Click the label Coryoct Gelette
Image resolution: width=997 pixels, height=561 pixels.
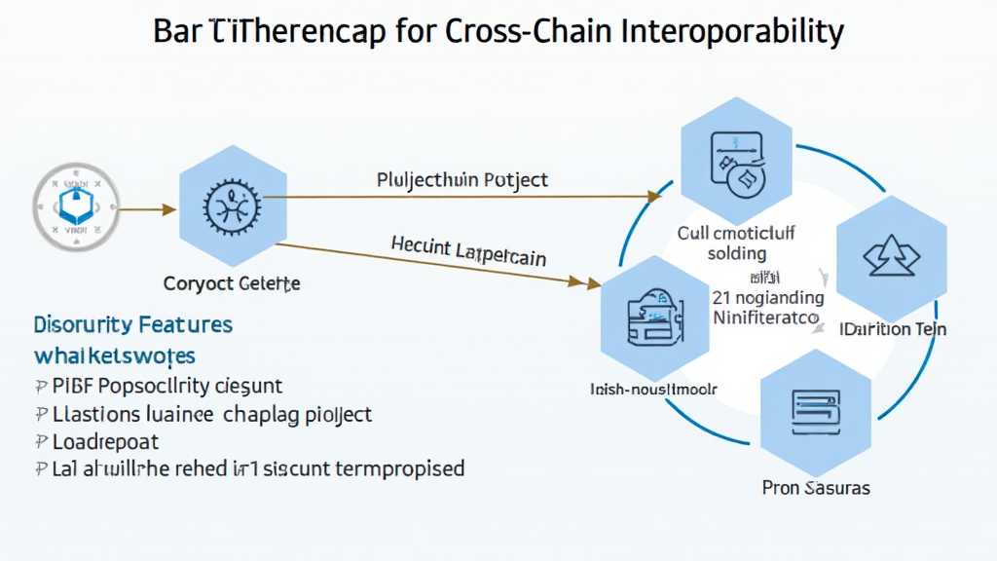232,284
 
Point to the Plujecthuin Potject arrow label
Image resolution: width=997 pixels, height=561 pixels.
462,180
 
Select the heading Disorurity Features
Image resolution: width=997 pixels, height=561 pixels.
132,323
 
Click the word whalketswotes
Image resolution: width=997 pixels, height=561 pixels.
114,354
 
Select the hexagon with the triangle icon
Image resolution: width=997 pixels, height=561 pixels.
891,255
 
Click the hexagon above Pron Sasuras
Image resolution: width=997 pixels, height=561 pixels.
814,409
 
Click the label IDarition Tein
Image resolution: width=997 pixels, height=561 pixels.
893,329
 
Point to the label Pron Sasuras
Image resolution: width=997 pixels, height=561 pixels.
816,486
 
